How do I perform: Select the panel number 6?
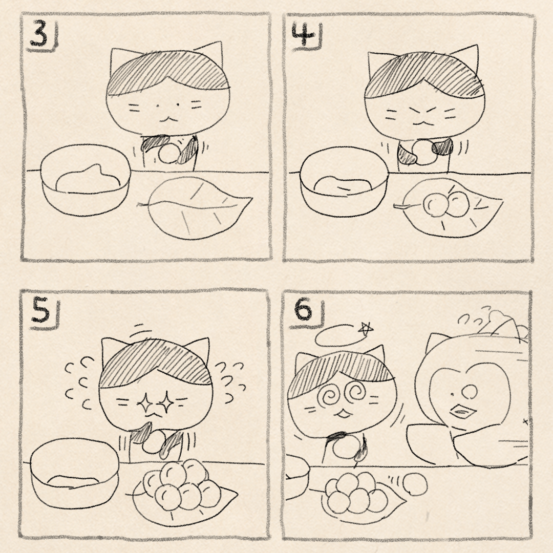303,310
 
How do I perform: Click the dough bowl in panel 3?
86,180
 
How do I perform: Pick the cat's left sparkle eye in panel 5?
145,403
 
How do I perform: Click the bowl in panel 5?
74,473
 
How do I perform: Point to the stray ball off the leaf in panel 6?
415,484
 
